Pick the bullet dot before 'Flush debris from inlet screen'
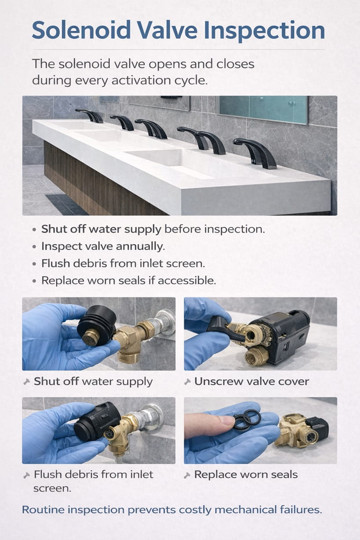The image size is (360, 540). pyautogui.click(x=34, y=264)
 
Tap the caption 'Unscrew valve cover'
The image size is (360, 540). pyautogui.click(x=251, y=381)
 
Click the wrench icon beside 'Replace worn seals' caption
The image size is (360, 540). pyautogui.click(x=188, y=475)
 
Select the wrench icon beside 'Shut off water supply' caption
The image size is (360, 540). pyautogui.click(x=27, y=382)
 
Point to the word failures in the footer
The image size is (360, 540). pyautogui.click(x=301, y=510)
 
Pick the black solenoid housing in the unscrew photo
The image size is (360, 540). pyautogui.click(x=288, y=334)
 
